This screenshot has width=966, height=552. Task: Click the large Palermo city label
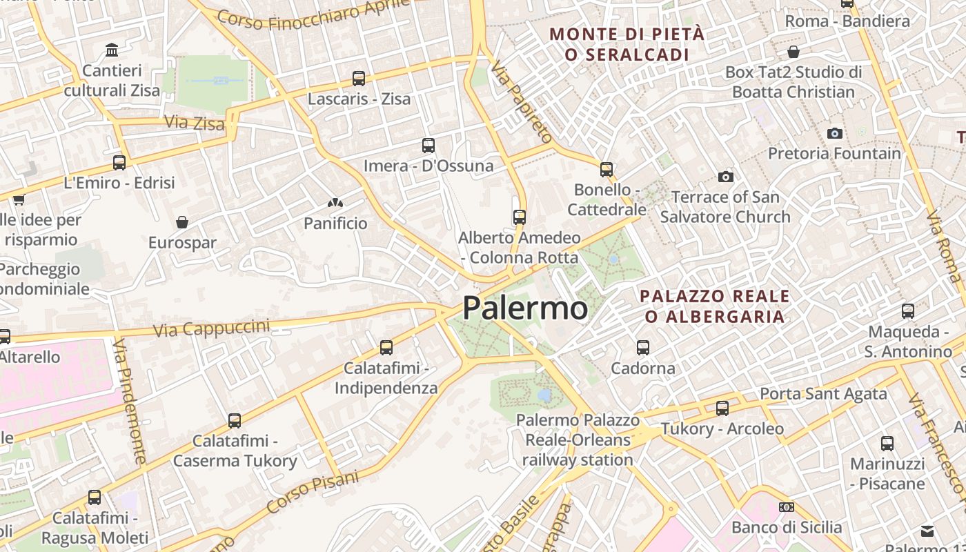(525, 308)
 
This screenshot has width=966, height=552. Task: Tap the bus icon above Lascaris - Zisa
(359, 79)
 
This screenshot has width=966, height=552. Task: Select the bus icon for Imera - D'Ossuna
(428, 146)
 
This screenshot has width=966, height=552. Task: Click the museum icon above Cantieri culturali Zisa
(112, 50)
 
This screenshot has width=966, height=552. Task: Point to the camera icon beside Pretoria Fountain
(835, 133)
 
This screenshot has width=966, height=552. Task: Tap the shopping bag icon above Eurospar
(182, 222)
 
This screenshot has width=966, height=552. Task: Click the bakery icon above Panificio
(335, 204)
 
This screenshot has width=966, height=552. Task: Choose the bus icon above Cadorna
(643, 347)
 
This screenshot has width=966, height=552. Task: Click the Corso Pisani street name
(313, 491)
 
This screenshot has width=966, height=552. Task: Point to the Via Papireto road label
(522, 101)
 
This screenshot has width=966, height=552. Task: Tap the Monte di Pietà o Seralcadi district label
(627, 43)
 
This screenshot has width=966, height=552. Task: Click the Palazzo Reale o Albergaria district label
(714, 306)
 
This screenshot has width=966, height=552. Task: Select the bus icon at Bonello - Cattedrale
(607, 169)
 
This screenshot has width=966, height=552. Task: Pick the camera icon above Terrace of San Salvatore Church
(725, 177)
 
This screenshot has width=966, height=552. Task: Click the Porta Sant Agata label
(823, 394)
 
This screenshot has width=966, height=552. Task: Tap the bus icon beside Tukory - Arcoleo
(722, 408)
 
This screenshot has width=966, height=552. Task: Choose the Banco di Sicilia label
(787, 527)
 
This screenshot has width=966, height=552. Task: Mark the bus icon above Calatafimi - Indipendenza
(386, 348)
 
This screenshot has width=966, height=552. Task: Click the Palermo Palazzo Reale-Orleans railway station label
(578, 440)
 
